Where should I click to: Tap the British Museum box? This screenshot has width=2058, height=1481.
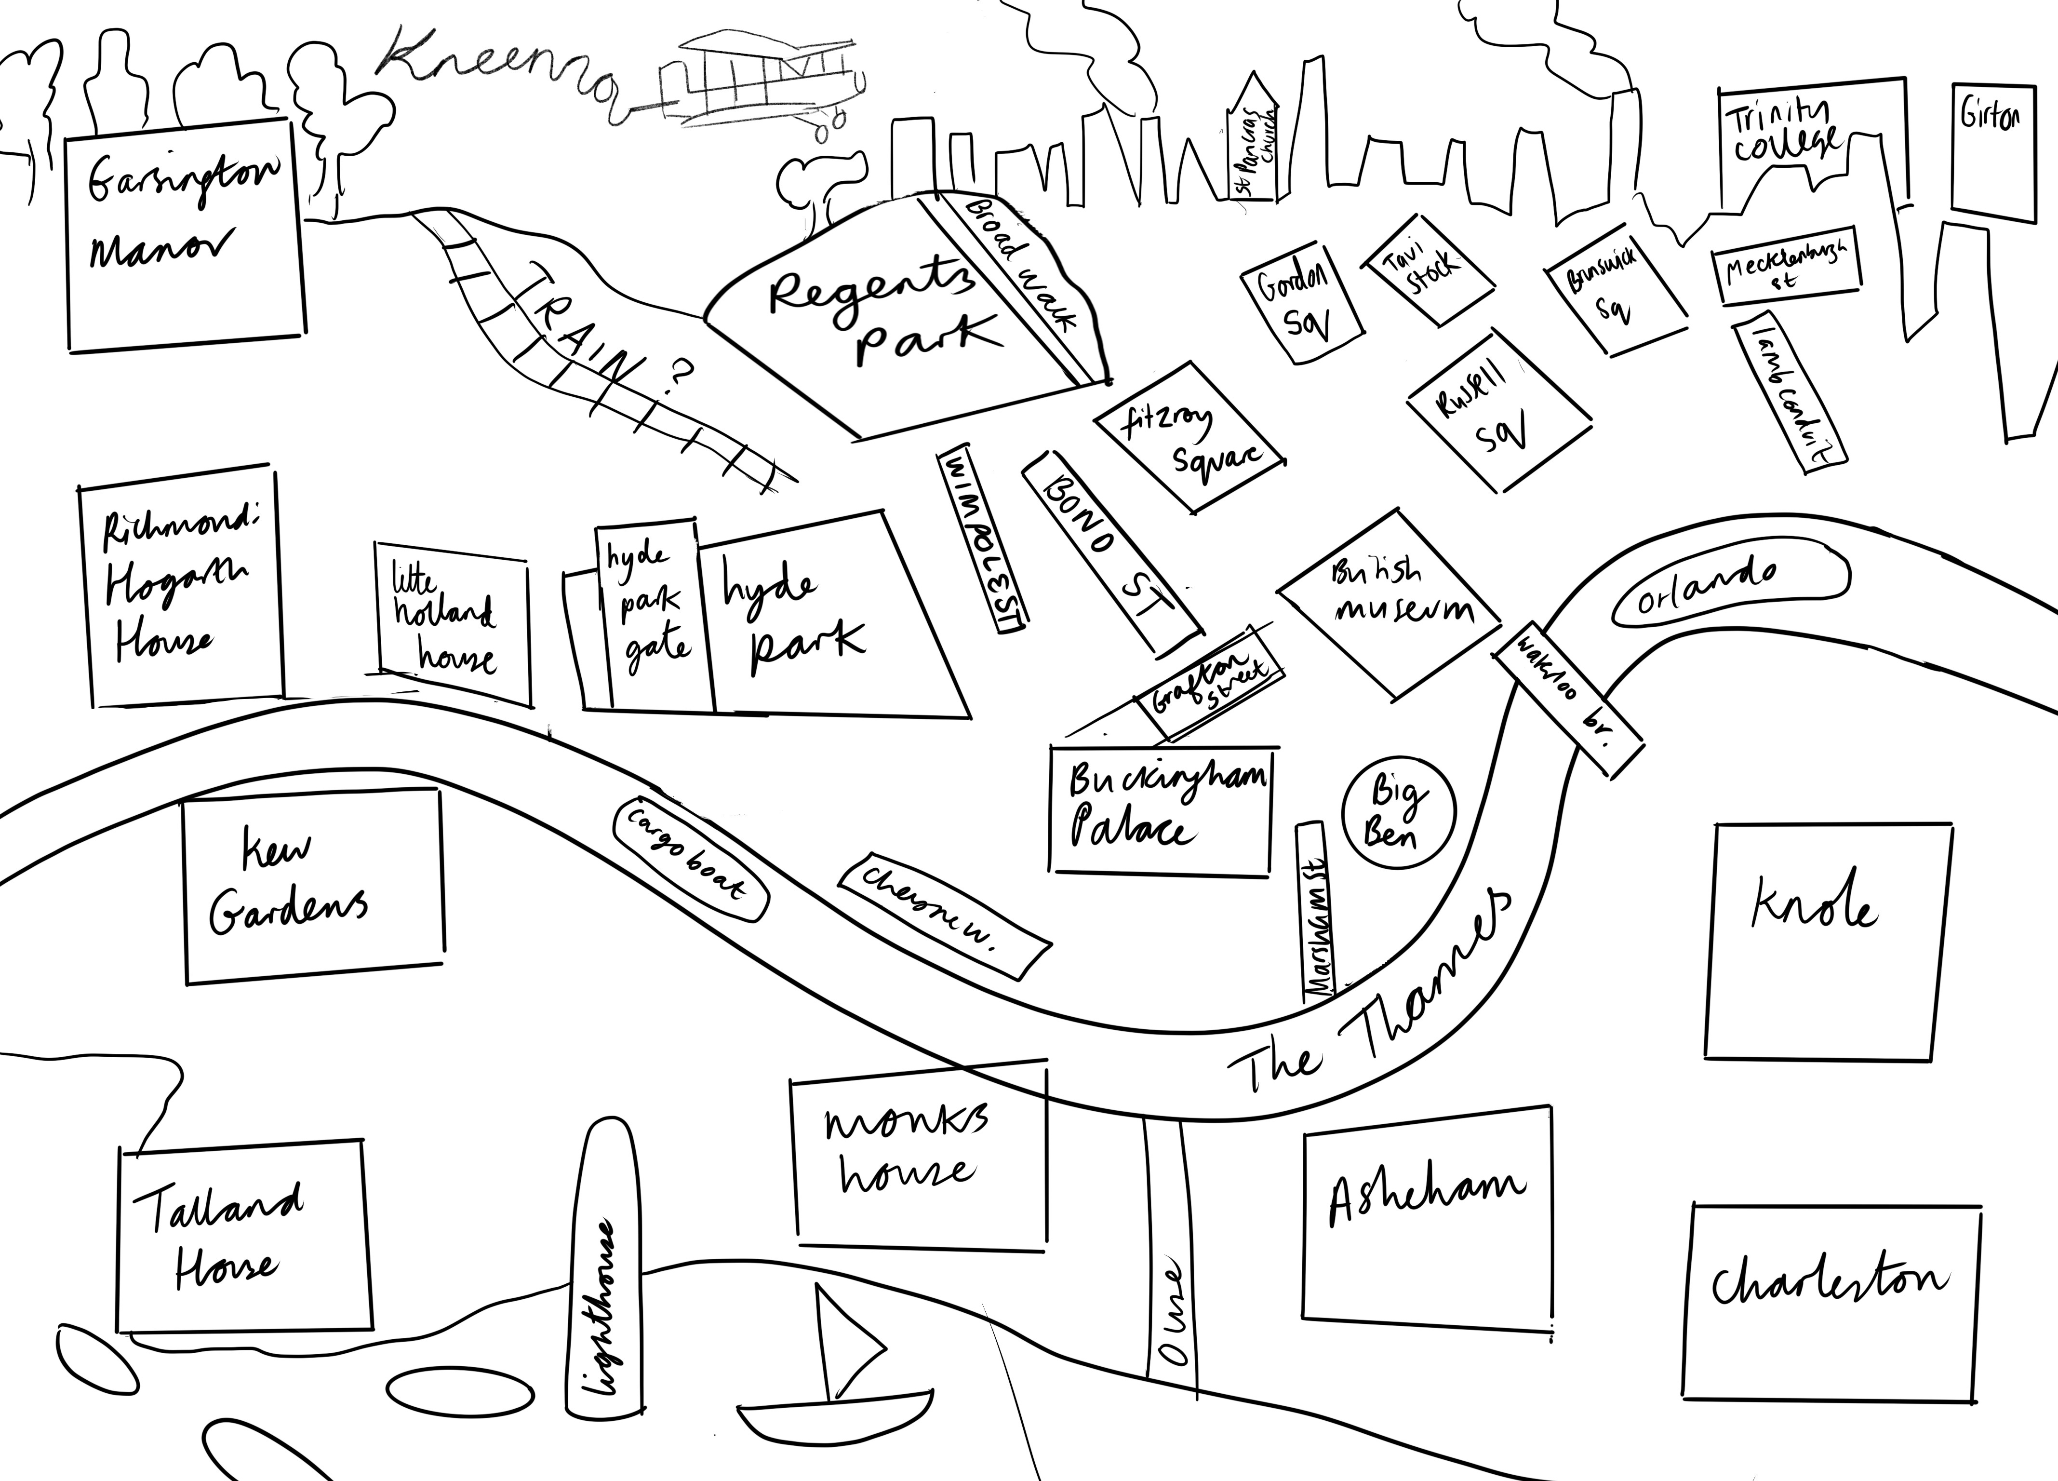tap(1389, 604)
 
